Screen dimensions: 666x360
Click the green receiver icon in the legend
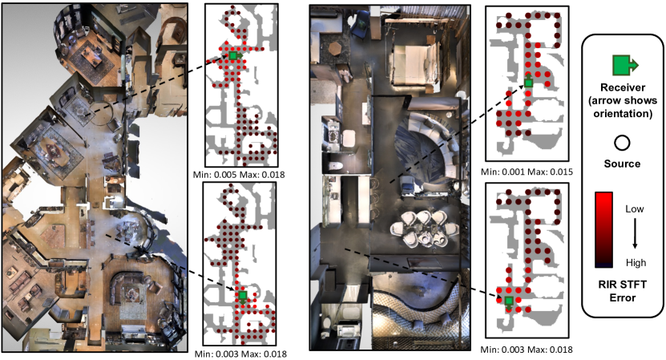[x=624, y=65]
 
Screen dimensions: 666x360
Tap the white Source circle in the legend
[x=622, y=143]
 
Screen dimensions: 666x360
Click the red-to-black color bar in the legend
[x=603, y=229]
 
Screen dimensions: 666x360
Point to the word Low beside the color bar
[x=635, y=208]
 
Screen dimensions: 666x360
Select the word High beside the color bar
[x=636, y=263]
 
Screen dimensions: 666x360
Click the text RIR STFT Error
[x=622, y=291]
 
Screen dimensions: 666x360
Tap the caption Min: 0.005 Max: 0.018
[x=239, y=174]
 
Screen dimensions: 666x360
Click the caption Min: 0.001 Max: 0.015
[x=527, y=172]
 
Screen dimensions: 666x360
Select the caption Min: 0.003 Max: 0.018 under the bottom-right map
[x=527, y=350]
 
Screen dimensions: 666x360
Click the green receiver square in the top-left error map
[x=232, y=55]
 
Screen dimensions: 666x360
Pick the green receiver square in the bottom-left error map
[x=243, y=295]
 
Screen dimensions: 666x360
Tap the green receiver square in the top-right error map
[x=528, y=83]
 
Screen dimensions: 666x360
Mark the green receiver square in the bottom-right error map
[x=508, y=301]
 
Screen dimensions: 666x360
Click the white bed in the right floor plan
[x=412, y=64]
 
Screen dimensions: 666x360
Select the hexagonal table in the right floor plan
[x=336, y=48]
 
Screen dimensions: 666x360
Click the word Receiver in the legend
[x=623, y=87]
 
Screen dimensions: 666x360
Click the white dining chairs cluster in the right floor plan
[x=423, y=229]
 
